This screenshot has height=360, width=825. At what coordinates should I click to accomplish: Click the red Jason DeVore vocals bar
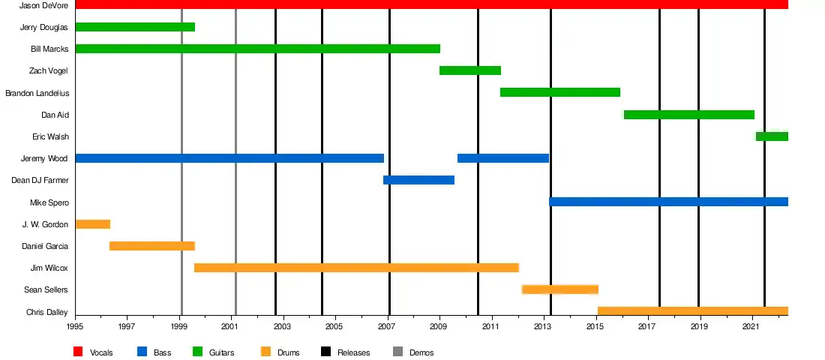tap(431, 4)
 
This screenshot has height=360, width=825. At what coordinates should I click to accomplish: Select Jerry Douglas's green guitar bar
tap(135, 27)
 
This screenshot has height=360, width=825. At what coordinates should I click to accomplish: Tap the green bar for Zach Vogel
tap(469, 70)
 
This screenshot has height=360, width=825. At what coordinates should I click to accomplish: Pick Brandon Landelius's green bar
tap(559, 92)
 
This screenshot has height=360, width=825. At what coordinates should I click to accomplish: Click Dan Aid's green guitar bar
tap(688, 115)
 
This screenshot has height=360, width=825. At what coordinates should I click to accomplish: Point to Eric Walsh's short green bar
tap(772, 136)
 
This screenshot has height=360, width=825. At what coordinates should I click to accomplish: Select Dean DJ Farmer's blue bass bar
tap(418, 180)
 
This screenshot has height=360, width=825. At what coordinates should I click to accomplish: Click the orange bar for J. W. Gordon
tap(93, 224)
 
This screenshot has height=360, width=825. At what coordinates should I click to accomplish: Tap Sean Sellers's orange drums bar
tap(559, 289)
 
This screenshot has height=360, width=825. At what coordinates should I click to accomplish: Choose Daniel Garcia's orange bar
tap(152, 246)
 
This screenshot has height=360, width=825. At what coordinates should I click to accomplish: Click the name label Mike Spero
tap(49, 202)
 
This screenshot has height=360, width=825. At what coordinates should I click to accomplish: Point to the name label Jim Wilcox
tap(49, 268)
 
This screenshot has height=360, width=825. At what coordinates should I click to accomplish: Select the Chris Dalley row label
tap(47, 312)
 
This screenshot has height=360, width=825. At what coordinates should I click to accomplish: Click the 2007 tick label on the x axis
tap(387, 328)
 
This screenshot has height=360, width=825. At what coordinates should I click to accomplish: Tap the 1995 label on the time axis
tap(75, 328)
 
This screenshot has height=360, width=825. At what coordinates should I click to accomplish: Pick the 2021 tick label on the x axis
tap(752, 328)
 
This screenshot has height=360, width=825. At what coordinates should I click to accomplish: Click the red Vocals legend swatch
tap(78, 352)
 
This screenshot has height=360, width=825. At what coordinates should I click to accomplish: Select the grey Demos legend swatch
tap(397, 352)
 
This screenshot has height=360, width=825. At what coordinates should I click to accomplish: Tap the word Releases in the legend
tap(353, 352)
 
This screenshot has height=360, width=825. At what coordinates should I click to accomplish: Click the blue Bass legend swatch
tap(142, 352)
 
